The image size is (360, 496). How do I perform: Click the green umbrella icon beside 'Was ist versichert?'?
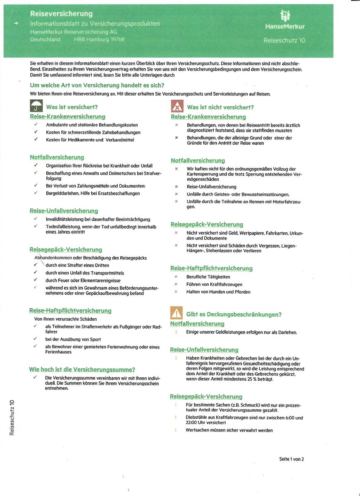pyautogui.click(x=36, y=107)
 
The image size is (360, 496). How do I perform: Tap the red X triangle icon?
pyautogui.click(x=177, y=107)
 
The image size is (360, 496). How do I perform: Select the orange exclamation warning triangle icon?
pyautogui.click(x=176, y=314)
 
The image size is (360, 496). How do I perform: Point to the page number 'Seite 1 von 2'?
pyautogui.click(x=291, y=459)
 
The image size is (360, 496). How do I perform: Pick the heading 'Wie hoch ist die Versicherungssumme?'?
pyautogui.click(x=82, y=370)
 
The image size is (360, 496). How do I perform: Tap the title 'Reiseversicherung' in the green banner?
pyautogui.click(x=61, y=14)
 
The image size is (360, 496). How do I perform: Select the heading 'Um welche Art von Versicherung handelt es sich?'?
pyautogui.click(x=97, y=85)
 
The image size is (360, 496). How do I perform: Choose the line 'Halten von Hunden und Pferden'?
pyautogui.click(x=218, y=292)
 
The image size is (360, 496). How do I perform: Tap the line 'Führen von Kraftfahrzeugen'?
pyautogui.click(x=214, y=284)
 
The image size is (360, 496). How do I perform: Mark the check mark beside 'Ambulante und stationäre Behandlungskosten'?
pyautogui.click(x=36, y=124)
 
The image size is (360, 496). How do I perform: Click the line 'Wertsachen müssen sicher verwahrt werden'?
pyautogui.click(x=229, y=430)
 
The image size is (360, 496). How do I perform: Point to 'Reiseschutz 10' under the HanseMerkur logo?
pyautogui.click(x=284, y=41)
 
